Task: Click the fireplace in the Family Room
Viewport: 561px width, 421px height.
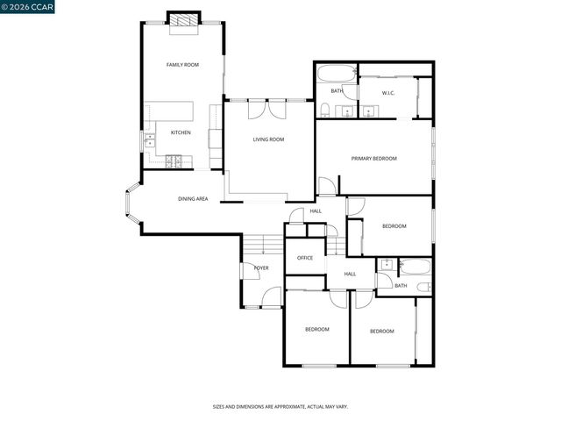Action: [183, 21]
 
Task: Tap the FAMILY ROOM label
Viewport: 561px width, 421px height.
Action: [183, 65]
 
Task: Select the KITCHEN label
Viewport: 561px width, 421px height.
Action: [181, 132]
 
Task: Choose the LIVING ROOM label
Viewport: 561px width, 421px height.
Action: [268, 139]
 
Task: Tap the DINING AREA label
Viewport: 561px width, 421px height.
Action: [193, 199]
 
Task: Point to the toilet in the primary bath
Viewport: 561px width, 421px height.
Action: [325, 109]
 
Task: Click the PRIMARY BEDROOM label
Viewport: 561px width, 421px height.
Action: [374, 159]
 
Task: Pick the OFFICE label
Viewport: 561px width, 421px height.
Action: [305, 258]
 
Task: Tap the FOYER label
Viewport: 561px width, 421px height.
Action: [261, 268]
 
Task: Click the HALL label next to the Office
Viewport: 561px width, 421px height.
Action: [350, 275]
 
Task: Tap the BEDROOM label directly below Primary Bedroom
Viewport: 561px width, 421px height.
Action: [394, 226]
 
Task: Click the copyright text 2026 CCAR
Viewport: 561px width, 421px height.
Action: [27, 7]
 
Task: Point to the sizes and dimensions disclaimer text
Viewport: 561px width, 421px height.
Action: [280, 407]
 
